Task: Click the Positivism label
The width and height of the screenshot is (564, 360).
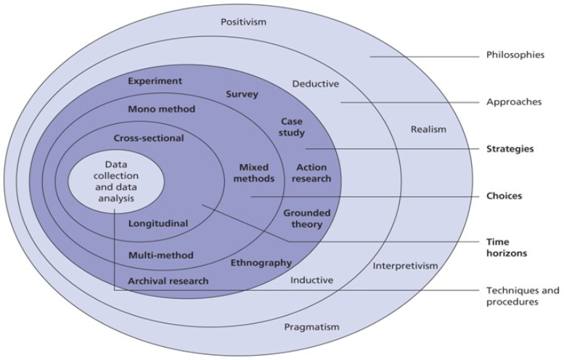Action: tap(244, 22)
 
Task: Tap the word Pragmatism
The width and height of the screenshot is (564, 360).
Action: tap(311, 327)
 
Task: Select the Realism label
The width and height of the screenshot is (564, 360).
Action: tap(428, 129)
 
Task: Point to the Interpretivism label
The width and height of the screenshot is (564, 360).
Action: tap(406, 266)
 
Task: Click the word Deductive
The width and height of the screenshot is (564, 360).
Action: tap(315, 83)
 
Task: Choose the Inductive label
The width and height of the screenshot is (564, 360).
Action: tap(311, 279)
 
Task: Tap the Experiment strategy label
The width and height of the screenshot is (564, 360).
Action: tap(155, 81)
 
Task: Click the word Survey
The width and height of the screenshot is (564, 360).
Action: tap(242, 94)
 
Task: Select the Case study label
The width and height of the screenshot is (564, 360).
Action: tap(292, 127)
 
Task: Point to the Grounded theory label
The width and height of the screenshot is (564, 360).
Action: tap(306, 218)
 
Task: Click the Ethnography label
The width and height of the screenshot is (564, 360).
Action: tap(261, 262)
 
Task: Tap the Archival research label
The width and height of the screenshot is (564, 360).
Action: tap(168, 281)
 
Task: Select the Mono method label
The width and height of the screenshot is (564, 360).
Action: tap(161, 109)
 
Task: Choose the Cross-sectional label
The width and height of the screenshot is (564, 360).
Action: tap(149, 138)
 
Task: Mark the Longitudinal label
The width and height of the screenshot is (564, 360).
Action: tap(158, 224)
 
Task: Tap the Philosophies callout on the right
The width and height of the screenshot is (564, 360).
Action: tap(515, 54)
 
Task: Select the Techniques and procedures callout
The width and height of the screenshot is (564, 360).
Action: tap(522, 295)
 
